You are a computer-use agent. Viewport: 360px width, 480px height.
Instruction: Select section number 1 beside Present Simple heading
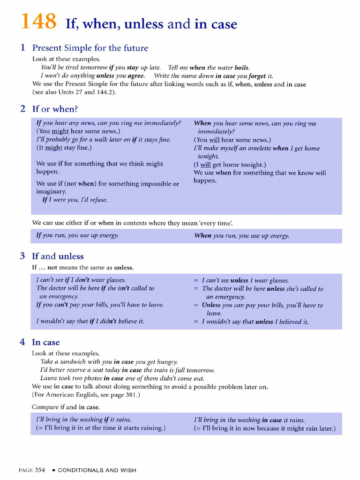click(22, 48)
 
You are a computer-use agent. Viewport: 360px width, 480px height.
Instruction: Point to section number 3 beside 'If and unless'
click(22, 256)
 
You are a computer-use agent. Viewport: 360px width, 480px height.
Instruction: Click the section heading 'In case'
click(45, 342)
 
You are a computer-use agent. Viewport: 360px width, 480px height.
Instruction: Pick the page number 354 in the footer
click(40, 470)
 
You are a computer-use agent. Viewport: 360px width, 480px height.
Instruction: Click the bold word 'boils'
click(242, 67)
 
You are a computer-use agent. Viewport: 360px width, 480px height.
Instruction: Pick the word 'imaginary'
click(51, 191)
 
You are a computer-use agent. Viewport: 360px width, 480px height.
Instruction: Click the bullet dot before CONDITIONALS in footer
click(54, 470)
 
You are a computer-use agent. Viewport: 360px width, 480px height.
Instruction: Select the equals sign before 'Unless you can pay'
click(196, 305)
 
